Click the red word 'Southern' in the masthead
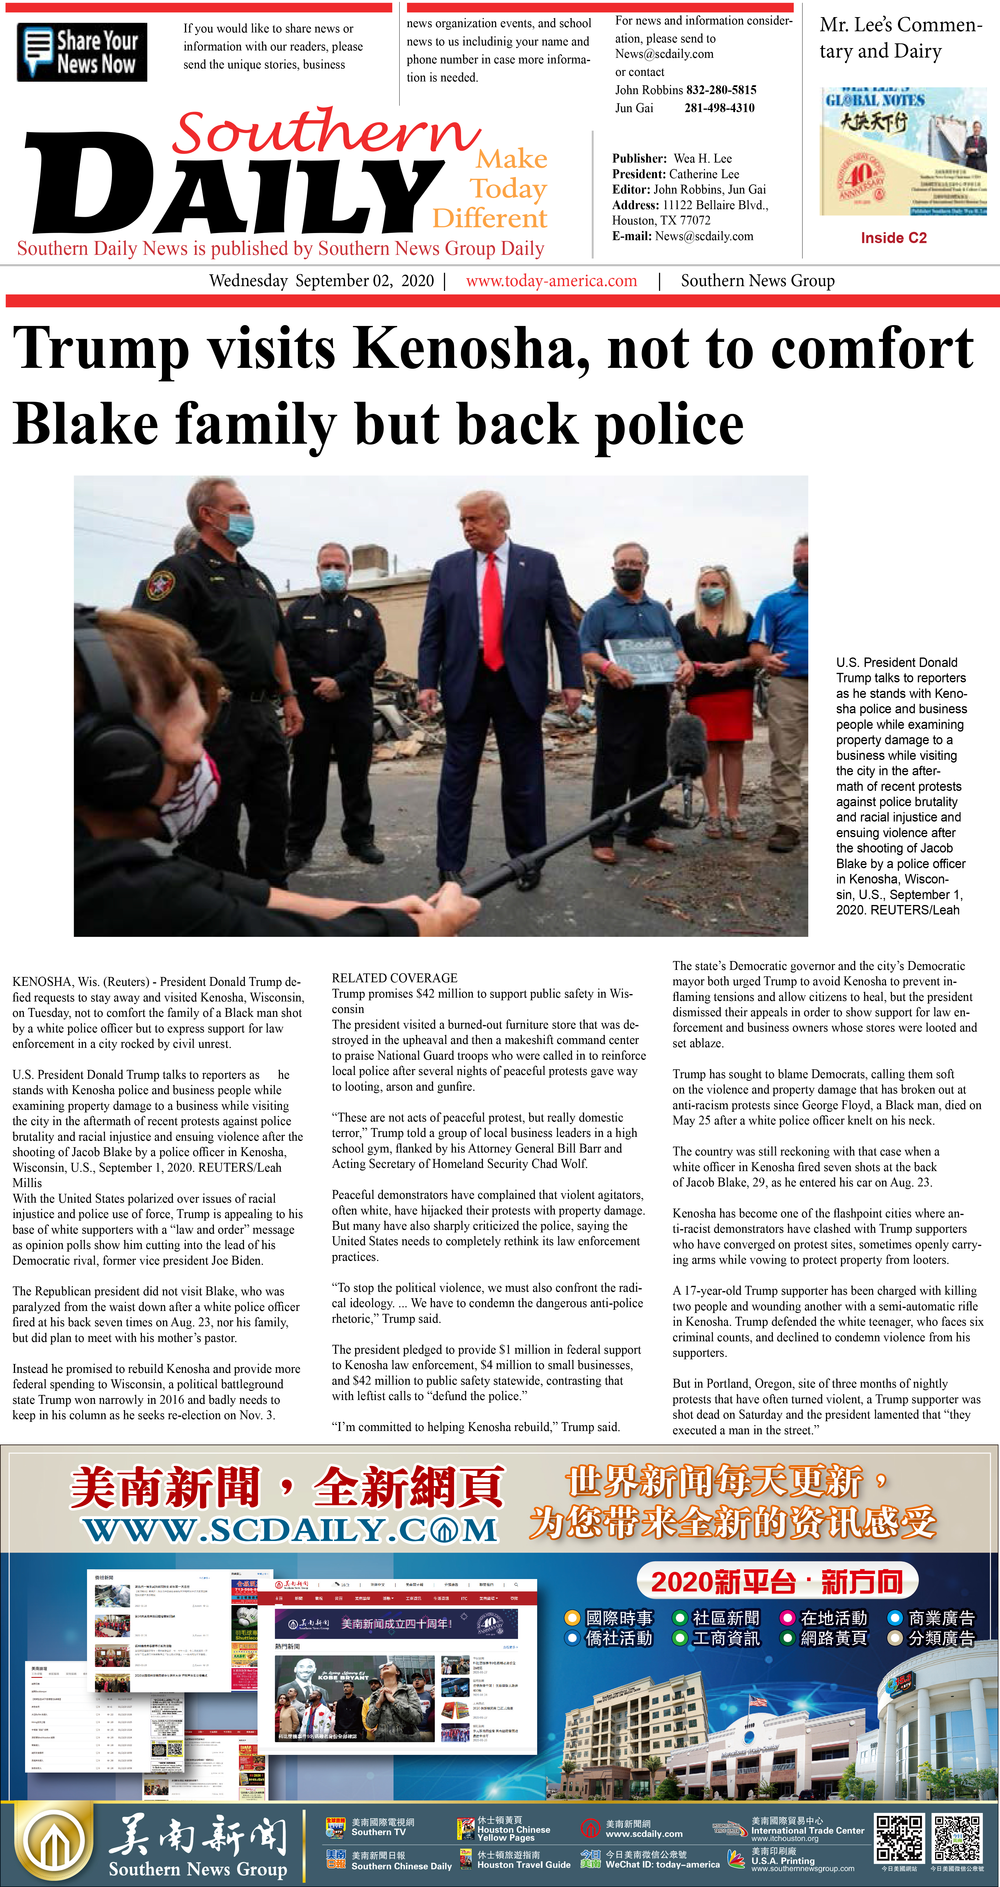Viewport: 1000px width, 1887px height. point(326,132)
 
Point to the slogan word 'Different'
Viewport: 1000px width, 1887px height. point(489,218)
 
